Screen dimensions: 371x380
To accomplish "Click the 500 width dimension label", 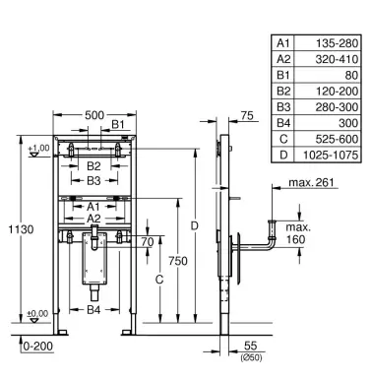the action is point(94,115).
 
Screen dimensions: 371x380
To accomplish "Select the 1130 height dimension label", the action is point(21,229).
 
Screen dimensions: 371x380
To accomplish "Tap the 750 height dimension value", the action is point(178,261).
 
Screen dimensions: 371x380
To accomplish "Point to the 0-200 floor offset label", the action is point(38,346).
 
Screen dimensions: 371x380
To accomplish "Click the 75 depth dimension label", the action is point(247,115).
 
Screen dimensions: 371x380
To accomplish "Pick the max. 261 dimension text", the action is point(311,182).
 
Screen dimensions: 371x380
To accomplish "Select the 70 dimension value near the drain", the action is point(148,242).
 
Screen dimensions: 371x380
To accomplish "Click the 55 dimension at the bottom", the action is point(251,346).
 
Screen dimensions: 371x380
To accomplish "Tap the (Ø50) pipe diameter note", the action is point(251,357).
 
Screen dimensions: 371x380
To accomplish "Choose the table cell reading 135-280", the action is point(337,43).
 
